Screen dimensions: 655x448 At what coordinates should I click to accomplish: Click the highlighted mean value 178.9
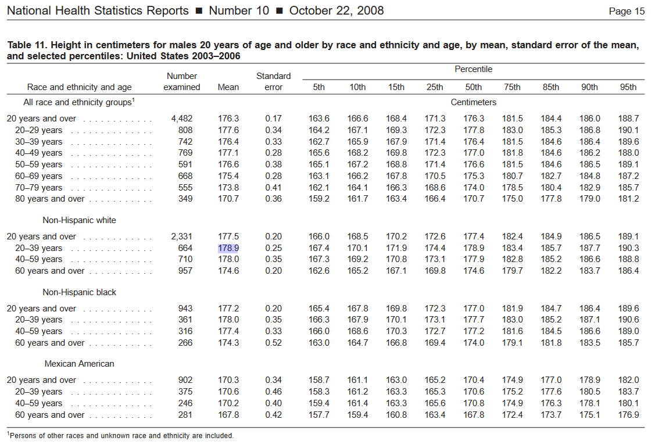[x=228, y=248]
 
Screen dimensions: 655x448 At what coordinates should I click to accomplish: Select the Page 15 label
[x=627, y=11]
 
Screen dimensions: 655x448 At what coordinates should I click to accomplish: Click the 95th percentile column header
[x=628, y=87]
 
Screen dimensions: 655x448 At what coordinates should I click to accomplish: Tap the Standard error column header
[x=274, y=81]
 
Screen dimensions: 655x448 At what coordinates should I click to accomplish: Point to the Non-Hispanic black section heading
[x=80, y=292]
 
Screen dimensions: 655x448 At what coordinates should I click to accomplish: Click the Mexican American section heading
[x=80, y=364]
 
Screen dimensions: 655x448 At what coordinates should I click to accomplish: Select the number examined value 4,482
[x=182, y=119]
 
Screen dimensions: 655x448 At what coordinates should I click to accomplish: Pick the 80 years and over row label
[x=50, y=199]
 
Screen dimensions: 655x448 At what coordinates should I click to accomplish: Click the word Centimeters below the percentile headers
[x=473, y=102]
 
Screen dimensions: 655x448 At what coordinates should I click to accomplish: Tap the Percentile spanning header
[x=473, y=69]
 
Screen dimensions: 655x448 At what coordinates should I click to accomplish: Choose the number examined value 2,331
[x=182, y=236]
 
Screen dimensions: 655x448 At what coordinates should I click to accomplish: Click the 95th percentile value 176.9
[x=628, y=415]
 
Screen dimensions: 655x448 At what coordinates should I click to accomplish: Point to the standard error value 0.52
[x=274, y=343]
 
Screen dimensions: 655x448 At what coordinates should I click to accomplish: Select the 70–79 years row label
[x=38, y=188]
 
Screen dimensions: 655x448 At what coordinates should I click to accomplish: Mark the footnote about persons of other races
[x=120, y=435]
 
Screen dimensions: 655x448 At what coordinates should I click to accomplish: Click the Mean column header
[x=228, y=87]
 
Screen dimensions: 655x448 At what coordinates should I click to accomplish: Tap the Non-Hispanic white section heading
[x=80, y=220]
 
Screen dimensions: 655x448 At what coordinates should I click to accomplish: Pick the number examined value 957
[x=185, y=271]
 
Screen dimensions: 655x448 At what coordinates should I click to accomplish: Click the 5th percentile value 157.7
[x=318, y=415]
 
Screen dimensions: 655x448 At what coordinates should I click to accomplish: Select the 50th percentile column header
[x=473, y=87]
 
